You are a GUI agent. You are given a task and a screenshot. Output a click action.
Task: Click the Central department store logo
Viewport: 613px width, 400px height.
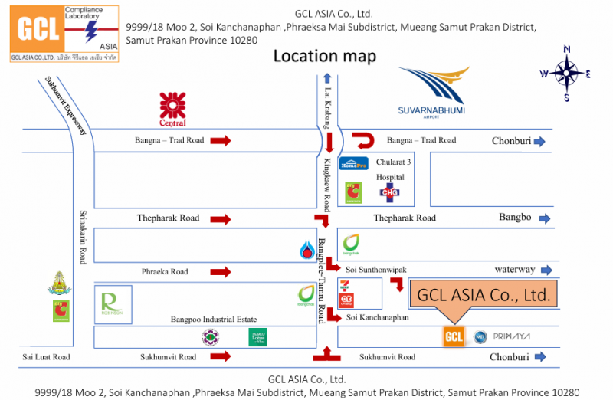coord(172,108)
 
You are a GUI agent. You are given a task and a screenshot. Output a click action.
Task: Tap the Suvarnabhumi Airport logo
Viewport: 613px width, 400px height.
coord(431,92)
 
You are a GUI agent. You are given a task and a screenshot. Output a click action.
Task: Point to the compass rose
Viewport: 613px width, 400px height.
coord(566,74)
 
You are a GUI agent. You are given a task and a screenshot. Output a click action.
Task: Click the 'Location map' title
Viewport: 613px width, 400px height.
coord(325,56)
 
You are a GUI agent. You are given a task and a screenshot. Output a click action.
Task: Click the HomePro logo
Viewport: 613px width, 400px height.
coord(354,162)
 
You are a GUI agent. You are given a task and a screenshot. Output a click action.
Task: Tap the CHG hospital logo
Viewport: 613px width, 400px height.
coord(390,192)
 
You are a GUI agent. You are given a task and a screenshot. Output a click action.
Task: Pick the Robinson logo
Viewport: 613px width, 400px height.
coord(113,304)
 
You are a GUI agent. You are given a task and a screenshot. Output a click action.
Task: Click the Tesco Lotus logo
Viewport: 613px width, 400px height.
coord(257,336)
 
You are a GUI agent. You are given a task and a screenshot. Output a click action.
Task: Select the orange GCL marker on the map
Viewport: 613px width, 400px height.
coord(454,336)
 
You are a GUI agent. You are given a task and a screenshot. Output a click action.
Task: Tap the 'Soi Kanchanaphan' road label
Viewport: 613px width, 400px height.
coord(378,317)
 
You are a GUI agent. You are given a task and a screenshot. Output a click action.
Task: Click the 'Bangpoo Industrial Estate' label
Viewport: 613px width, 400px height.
coord(212,319)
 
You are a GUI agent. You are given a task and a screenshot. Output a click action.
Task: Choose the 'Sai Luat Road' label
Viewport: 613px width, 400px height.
coord(45,357)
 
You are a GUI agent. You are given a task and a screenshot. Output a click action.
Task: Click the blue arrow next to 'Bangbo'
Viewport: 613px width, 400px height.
coord(545,218)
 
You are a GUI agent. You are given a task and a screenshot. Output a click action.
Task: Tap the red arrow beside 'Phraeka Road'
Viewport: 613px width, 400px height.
coord(221,271)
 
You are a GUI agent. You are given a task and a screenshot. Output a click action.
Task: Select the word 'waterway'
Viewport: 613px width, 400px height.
coord(513,270)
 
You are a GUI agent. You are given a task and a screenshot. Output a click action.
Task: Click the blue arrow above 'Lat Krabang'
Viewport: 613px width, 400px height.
coord(327,77)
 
